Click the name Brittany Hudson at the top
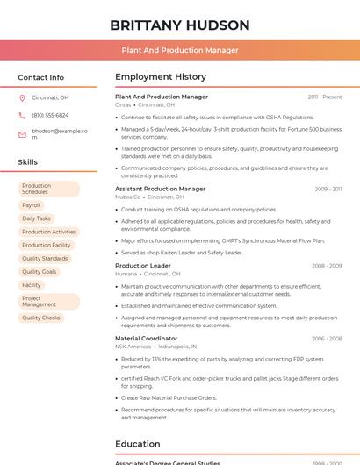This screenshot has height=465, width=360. point(180,25)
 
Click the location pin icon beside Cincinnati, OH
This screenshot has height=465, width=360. point(22,97)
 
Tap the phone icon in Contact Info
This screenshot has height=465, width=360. point(22,115)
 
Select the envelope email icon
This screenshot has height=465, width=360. point(22,134)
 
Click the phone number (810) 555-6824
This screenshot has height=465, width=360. point(50,115)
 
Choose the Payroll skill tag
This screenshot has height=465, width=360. point(32,205)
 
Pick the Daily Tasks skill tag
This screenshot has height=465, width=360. point(36,218)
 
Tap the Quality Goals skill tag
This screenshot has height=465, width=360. point(39,272)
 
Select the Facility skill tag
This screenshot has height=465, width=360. point(32,285)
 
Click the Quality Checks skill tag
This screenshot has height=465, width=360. point(41,318)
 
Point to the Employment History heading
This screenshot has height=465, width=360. point(161,77)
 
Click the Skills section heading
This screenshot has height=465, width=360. point(28,162)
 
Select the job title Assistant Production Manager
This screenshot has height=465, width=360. point(160,189)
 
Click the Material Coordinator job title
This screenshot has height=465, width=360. point(146,338)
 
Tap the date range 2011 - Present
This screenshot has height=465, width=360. point(325,97)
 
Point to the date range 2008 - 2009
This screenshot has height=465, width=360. point(327,266)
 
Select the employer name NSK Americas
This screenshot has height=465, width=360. point(133,347)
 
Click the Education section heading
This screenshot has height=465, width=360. point(137,444)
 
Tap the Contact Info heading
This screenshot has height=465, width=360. point(40,77)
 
